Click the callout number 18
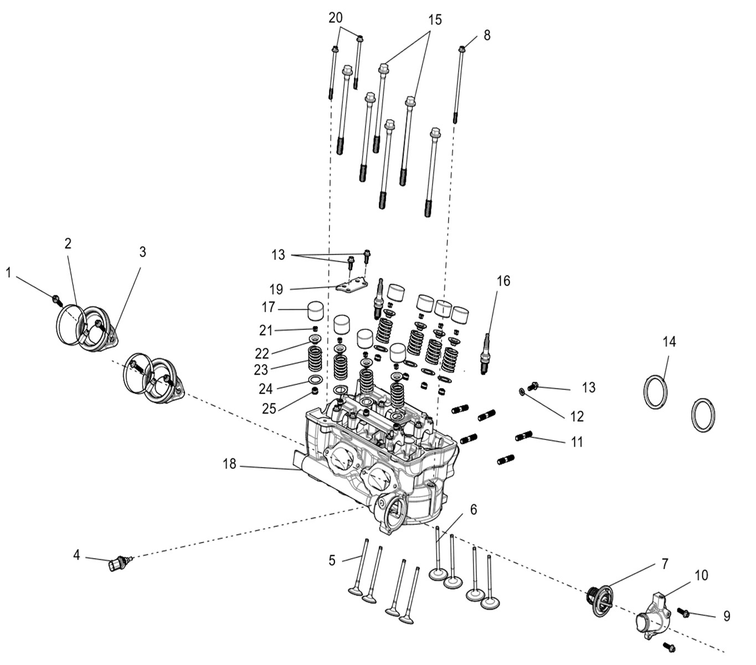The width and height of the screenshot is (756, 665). [229, 464]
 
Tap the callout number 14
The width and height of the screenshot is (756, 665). [669, 342]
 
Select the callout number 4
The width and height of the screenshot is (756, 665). [77, 554]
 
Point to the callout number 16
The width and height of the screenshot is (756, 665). [503, 281]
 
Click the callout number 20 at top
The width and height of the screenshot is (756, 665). [336, 18]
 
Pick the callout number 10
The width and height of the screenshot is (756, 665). [701, 576]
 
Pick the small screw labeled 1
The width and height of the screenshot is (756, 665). [56, 299]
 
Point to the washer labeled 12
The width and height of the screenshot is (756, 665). [522, 392]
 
